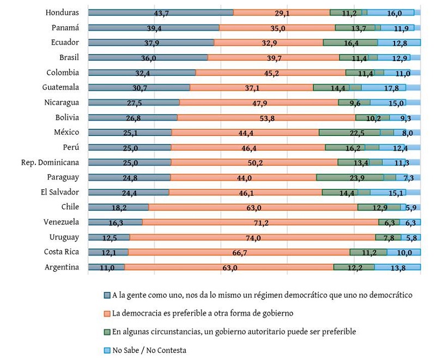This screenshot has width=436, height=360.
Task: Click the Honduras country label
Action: (x=63, y=13)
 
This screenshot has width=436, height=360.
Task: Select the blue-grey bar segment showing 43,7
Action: (x=160, y=13)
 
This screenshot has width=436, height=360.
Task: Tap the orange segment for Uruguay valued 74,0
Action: (x=252, y=237)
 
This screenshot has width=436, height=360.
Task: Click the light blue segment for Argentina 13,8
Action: (x=397, y=267)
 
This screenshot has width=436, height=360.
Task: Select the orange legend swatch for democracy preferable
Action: (x=107, y=314)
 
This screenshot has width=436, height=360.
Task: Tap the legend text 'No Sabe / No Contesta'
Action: (x=149, y=350)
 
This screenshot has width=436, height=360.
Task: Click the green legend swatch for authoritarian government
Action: (x=107, y=332)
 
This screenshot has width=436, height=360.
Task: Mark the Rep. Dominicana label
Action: (x=50, y=162)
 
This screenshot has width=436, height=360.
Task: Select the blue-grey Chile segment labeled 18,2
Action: (x=118, y=207)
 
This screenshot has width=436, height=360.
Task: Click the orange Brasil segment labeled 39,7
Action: (x=273, y=57)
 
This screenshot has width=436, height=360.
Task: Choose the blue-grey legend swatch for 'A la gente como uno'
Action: (x=107, y=295)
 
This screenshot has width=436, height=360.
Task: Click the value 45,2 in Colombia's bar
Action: (x=271, y=73)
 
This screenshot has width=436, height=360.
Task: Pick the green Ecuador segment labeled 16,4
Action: (x=350, y=43)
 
